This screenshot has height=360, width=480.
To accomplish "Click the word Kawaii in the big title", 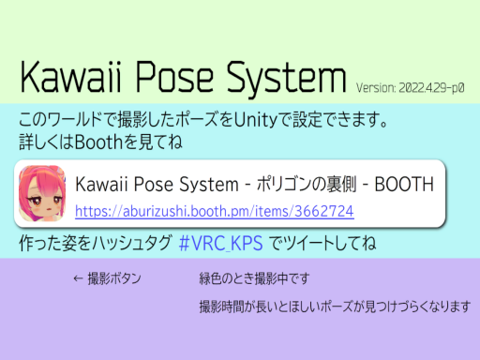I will point(76,76).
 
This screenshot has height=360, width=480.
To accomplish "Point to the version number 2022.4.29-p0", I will point(432,86).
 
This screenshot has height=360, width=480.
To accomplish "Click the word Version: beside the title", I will point(376,86).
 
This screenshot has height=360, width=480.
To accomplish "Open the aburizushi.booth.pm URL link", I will point(214,209).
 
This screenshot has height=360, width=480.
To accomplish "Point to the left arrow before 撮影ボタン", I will point(78,279).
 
